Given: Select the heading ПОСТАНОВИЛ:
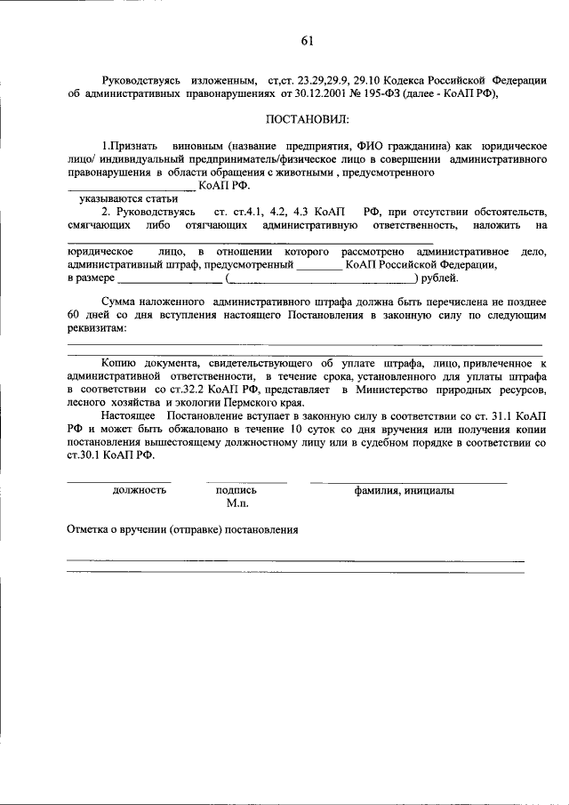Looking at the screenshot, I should click(308, 118).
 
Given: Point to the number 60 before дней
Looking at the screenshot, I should click(74, 316).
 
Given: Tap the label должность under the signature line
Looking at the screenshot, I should click(140, 490).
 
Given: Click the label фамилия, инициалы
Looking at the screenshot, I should click(405, 490).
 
